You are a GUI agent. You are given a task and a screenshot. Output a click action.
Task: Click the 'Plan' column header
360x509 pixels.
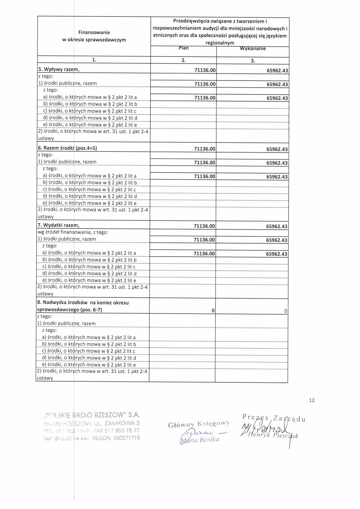(x=184, y=48)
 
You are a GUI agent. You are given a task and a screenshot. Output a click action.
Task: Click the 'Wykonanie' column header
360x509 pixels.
(x=253, y=49)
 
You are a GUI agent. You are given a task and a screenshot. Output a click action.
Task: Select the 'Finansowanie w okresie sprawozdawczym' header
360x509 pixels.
(x=94, y=36)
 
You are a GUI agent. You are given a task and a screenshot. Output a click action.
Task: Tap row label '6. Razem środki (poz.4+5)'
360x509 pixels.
(x=67, y=148)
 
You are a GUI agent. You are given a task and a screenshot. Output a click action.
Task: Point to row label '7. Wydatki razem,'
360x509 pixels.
(x=58, y=225)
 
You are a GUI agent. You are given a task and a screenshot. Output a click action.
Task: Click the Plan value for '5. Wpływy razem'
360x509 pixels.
(x=205, y=70)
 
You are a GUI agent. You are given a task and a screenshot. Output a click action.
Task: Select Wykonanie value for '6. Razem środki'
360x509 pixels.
(x=277, y=149)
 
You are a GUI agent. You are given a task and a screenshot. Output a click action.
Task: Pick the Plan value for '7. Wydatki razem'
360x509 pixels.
(x=204, y=226)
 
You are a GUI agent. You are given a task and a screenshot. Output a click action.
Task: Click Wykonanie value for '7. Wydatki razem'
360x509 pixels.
(x=277, y=226)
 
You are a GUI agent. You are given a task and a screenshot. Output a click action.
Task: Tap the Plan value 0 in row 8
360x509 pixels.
(x=213, y=311)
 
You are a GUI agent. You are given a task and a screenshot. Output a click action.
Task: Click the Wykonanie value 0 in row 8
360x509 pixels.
(x=285, y=311)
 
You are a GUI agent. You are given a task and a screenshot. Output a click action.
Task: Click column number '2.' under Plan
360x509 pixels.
(x=184, y=60)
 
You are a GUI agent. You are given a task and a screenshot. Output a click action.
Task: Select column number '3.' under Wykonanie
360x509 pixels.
(x=253, y=61)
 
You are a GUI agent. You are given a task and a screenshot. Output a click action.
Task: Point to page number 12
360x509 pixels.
(x=312, y=400)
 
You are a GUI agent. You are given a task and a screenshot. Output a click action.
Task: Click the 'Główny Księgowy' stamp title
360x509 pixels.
(x=199, y=424)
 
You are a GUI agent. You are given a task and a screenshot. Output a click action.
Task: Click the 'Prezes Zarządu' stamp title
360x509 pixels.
(x=274, y=418)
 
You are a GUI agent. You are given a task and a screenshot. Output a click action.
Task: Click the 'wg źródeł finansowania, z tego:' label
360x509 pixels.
(x=73, y=232)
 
